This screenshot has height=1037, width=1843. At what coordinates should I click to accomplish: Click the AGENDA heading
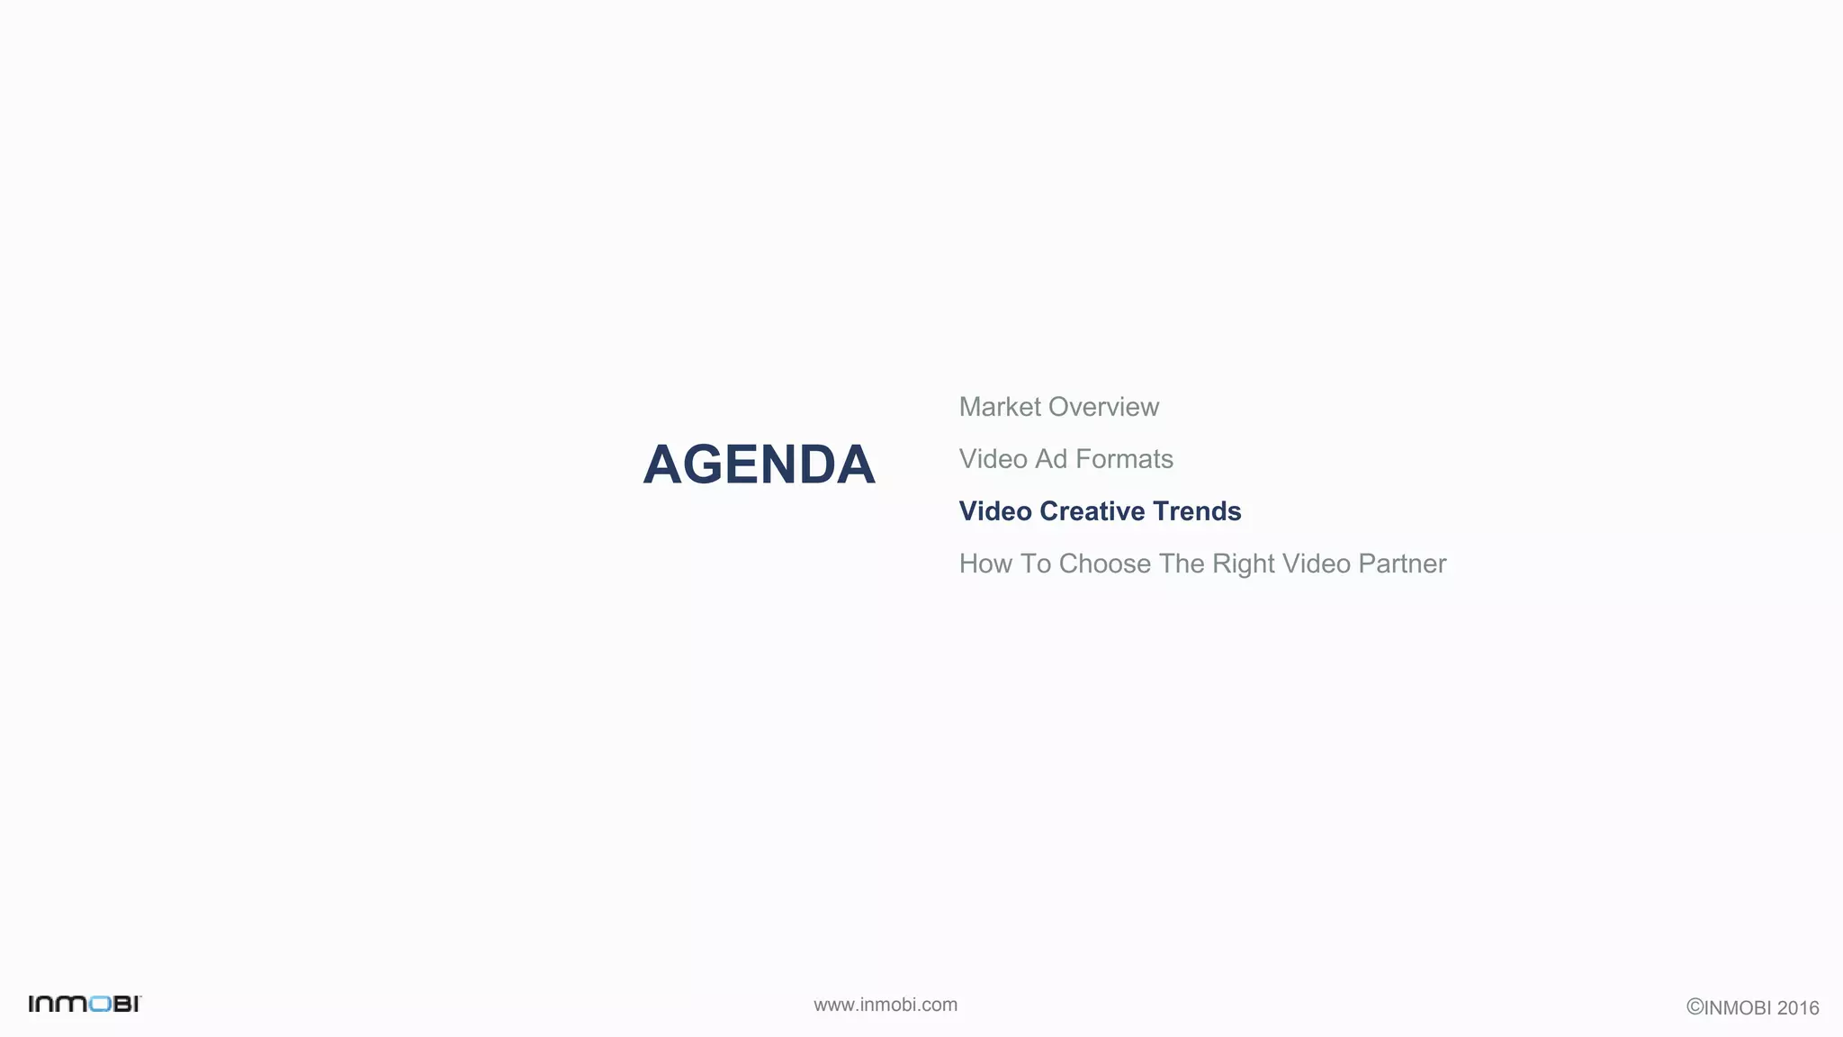(759, 465)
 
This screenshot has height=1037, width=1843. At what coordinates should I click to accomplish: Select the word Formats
(1124, 459)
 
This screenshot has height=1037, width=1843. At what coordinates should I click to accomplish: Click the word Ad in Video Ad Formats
(1050, 459)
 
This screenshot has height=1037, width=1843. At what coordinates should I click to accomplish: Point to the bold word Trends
(1196, 511)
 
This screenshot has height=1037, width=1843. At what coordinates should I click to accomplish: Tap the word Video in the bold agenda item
(994, 511)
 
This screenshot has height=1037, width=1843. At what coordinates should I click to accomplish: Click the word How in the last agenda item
(985, 564)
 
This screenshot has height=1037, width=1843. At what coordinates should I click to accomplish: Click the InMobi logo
(85, 1004)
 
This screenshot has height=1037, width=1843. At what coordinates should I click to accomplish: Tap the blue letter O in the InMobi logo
(100, 1004)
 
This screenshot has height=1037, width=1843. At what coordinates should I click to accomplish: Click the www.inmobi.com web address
(886, 1005)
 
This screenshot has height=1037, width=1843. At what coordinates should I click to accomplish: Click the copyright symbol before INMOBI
(1695, 1007)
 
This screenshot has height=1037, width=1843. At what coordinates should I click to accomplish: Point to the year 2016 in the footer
(1798, 1008)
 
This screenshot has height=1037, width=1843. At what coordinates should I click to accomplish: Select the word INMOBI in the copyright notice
(1738, 1008)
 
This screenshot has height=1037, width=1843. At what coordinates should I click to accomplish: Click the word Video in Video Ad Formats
(993, 459)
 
